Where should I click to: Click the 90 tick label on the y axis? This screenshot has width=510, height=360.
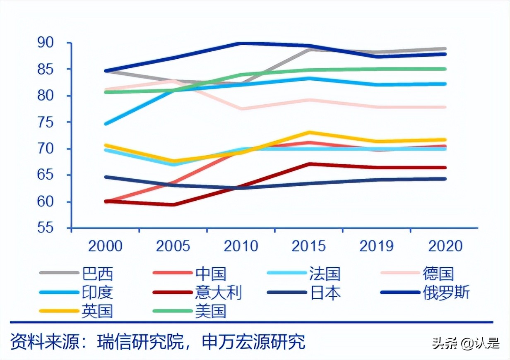click(x=48, y=43)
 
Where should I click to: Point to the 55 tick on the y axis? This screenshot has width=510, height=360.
click(x=48, y=228)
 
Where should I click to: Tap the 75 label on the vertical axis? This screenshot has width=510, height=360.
click(x=48, y=122)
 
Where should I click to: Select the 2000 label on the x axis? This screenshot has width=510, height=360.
click(x=106, y=246)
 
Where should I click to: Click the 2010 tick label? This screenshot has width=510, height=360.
click(x=241, y=246)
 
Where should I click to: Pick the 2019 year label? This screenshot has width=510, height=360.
click(x=376, y=246)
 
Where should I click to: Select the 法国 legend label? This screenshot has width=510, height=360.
click(x=325, y=274)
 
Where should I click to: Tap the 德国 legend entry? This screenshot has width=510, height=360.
click(x=438, y=274)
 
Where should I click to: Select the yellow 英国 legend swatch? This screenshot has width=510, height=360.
click(x=59, y=311)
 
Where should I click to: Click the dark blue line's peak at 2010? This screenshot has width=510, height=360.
click(x=241, y=43)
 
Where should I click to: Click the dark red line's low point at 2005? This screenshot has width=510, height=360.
click(x=173, y=204)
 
